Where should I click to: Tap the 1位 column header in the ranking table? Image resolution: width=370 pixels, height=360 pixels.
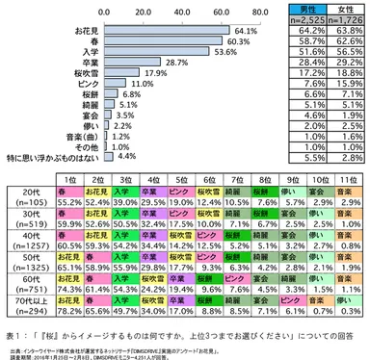[67, 179]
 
